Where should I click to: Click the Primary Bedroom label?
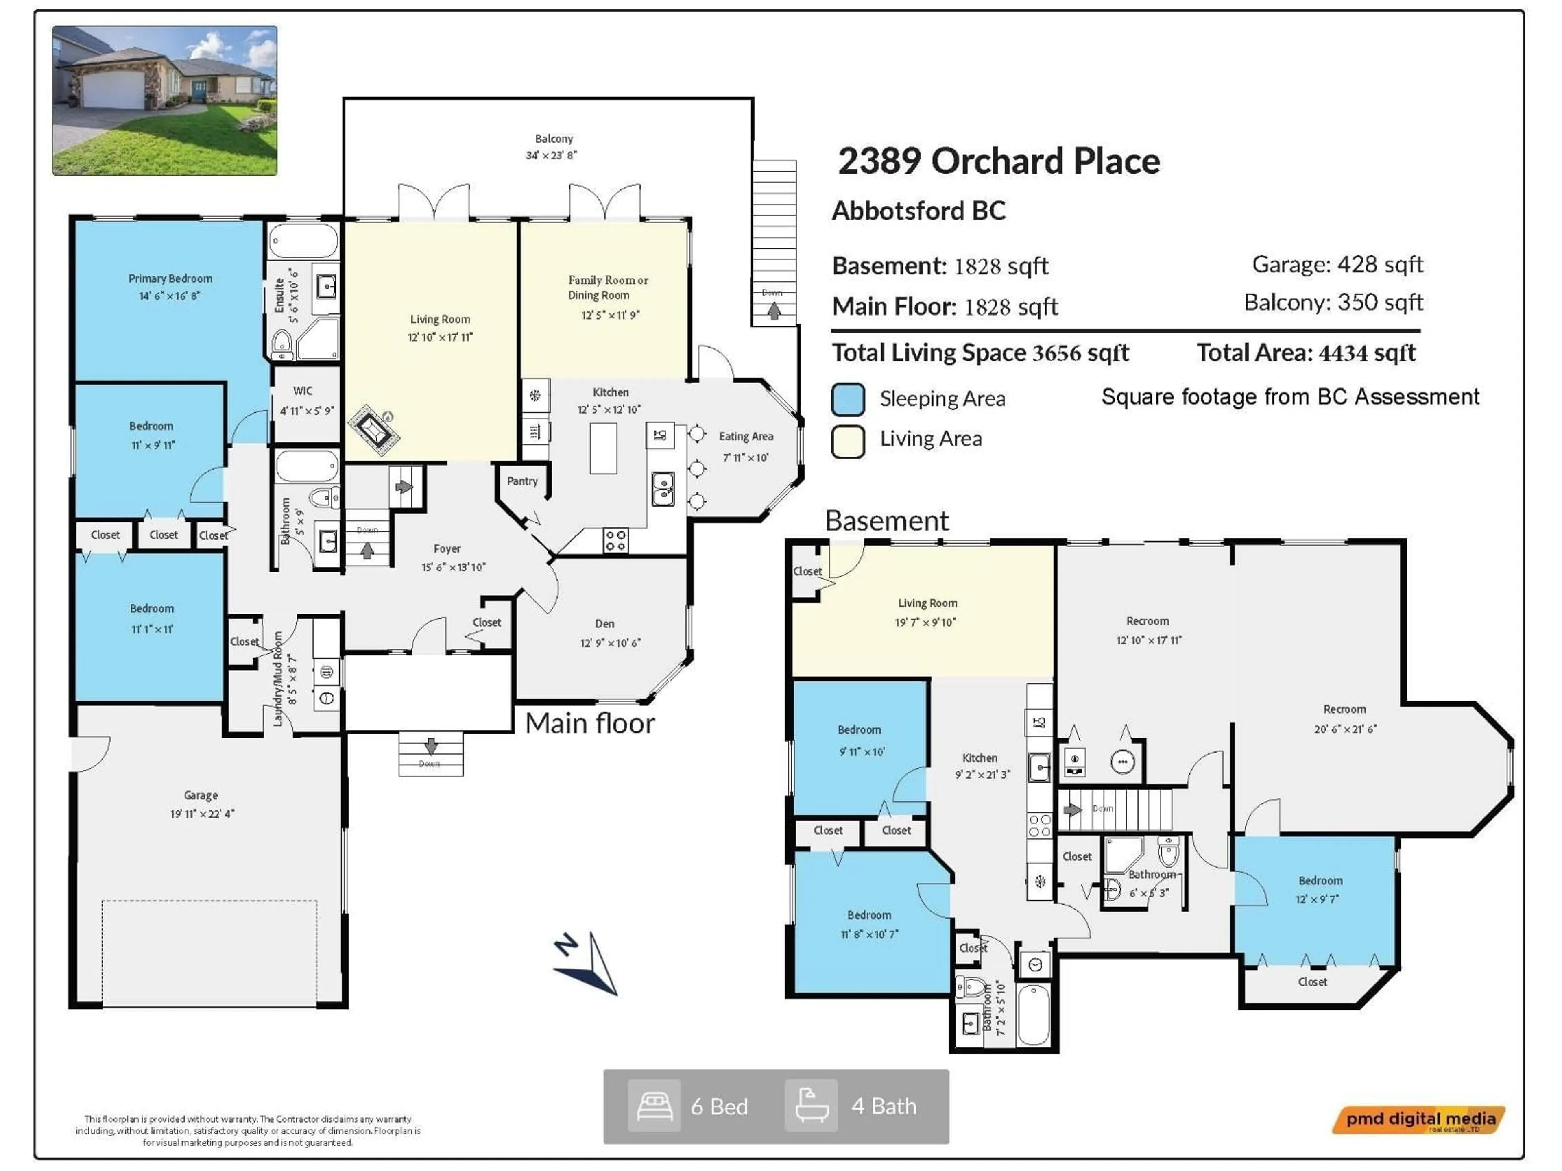170,279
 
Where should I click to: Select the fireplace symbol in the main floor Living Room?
373,429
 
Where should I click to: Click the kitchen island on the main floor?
603,448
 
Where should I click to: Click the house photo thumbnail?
164,100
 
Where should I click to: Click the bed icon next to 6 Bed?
654,1106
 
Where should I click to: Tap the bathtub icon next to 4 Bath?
812,1106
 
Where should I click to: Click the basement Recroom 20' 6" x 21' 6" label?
1344,718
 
